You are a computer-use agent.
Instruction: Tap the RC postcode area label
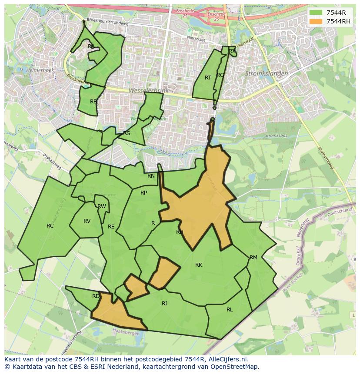50,225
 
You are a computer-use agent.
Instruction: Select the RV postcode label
87,221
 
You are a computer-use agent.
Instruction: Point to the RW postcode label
102,206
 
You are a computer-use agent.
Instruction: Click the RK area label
199,265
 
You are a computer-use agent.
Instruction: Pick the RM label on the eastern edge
253,258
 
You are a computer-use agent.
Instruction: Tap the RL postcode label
230,310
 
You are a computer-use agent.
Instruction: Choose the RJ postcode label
164,304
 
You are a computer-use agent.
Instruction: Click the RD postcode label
96,296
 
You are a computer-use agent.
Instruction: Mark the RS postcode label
127,133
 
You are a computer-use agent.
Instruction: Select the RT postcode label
208,78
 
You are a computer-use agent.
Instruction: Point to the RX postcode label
232,51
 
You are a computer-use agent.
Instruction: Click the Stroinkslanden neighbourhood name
267,74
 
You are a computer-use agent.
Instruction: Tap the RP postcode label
143,193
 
